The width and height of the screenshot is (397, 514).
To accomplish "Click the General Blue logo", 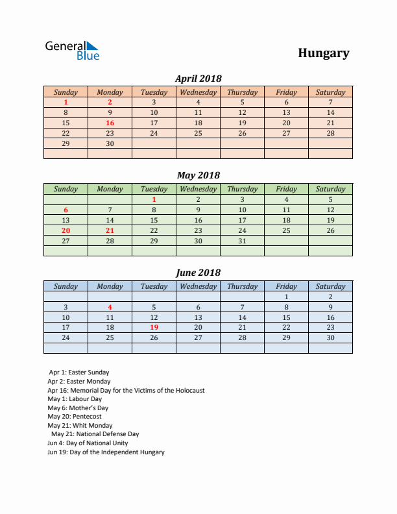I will (x=71, y=51).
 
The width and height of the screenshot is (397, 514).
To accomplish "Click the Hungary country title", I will (x=324, y=53).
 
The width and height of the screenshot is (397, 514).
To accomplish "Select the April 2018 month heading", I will (x=198, y=79).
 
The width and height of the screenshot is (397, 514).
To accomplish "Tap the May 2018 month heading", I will (x=198, y=175).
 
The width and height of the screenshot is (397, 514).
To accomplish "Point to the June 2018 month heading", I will (x=198, y=273).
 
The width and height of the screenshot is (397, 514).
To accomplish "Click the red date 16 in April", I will (x=110, y=123).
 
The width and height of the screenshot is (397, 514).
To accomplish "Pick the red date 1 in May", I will (x=154, y=200).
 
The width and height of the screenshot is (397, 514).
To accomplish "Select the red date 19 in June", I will (x=154, y=328).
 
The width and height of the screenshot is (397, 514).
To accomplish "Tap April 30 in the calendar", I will (x=110, y=143).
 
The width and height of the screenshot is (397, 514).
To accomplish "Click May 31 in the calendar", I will (x=242, y=241).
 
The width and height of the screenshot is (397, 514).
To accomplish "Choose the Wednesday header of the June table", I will (x=198, y=286).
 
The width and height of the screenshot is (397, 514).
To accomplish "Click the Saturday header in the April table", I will (x=330, y=92).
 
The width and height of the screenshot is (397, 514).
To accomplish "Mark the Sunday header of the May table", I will (x=66, y=190).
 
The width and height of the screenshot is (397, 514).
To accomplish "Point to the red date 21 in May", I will (x=110, y=230).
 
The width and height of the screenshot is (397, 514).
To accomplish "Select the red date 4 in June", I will (x=110, y=307).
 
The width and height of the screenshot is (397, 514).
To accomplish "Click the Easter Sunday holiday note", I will (x=78, y=373).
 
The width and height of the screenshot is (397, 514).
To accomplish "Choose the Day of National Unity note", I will (x=88, y=443).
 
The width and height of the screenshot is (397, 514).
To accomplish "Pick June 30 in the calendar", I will (x=330, y=337).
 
